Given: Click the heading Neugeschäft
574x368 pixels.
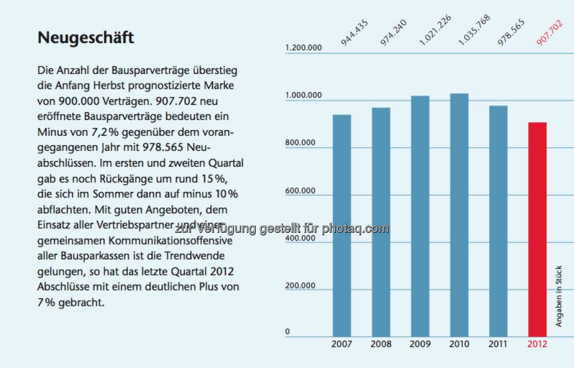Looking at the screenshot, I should (x=86, y=38).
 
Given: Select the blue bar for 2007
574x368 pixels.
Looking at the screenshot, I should (x=342, y=224).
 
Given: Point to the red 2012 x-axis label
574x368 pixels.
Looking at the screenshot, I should (x=537, y=344).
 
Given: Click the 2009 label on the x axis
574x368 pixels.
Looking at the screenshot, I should (x=420, y=344).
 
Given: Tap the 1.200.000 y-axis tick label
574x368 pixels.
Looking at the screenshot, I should (x=304, y=48).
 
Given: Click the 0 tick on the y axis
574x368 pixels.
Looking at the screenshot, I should (x=288, y=332).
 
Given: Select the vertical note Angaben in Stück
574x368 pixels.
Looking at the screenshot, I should (x=558, y=296).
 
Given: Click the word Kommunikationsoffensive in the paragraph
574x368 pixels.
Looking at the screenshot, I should (x=162, y=241).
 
